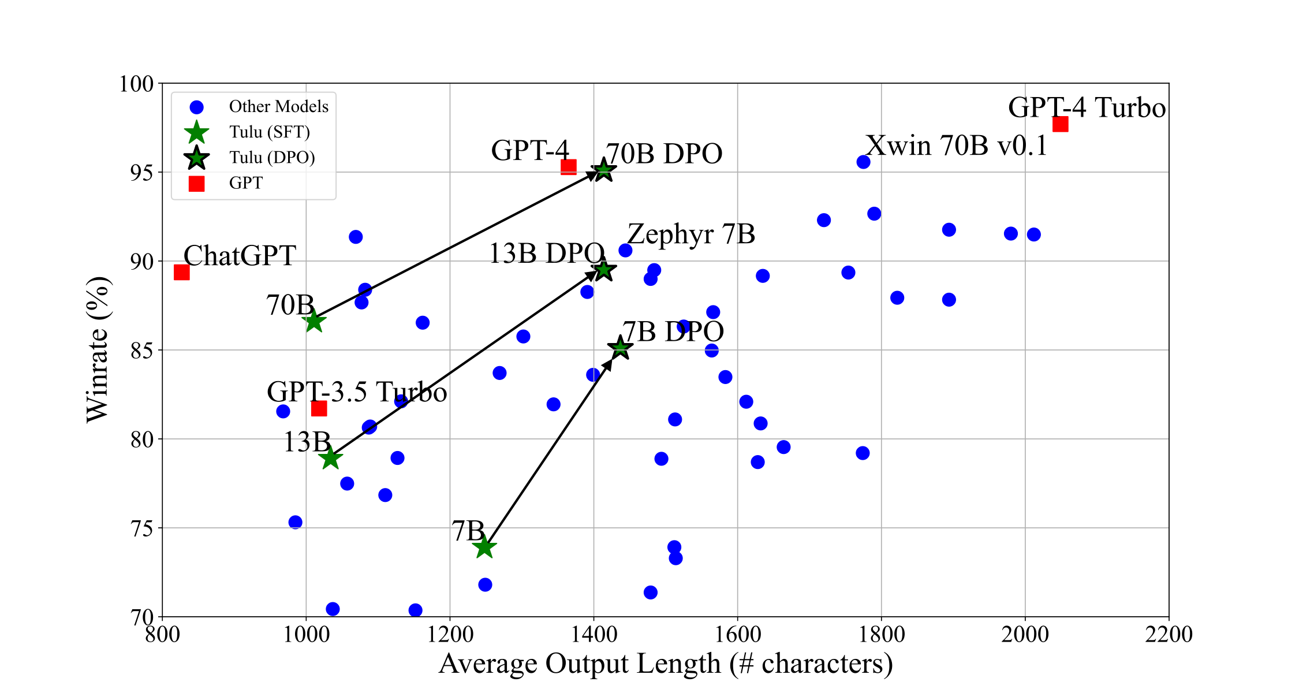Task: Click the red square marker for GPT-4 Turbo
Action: (1060, 124)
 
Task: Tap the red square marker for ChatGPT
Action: (181, 272)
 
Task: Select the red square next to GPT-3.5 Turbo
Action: (319, 409)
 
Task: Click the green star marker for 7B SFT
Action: (484, 547)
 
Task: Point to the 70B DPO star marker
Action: (603, 170)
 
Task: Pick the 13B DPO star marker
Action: (603, 270)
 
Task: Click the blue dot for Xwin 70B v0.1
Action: (863, 162)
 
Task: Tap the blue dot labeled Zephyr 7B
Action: (625, 250)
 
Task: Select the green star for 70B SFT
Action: (313, 321)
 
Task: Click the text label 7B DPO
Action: (673, 332)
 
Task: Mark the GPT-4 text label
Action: (530, 151)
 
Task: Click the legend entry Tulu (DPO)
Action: (272, 158)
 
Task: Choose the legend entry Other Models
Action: (278, 107)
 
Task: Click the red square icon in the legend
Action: (196, 184)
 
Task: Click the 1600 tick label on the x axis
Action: (737, 635)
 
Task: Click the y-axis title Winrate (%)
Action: (98, 349)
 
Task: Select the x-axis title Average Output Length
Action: (665, 664)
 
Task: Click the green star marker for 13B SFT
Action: (330, 459)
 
